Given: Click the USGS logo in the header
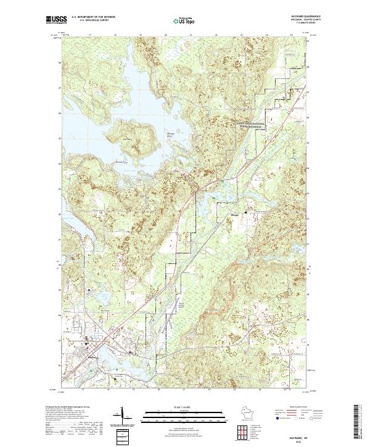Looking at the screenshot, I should pos(55,20).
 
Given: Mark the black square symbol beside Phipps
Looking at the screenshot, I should pos(247,213).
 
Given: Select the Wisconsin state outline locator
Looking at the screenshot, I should pos(244,412).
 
